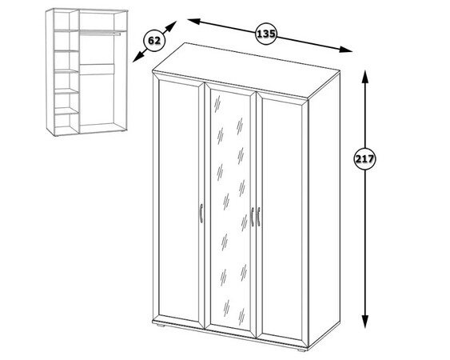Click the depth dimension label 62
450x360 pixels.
tap(154, 41)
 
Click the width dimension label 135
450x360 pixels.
tap(265, 34)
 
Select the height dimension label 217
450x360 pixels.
tap(364, 159)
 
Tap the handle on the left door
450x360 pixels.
tap(201, 213)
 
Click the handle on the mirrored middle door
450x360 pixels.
tap(253, 217)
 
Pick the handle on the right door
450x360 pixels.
tap(259, 216)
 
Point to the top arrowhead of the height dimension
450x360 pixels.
tap(364, 77)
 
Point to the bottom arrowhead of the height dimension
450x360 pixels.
tap(364, 322)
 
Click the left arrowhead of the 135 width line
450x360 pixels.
tap(194, 22)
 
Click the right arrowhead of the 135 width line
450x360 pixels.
tap(345, 50)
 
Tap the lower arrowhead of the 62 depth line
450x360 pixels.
tap(137, 57)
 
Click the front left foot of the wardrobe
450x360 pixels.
tap(161, 326)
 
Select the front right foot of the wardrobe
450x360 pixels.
tap(301, 350)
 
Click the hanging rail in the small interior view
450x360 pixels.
tap(100, 33)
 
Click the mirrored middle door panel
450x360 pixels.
tap(230, 210)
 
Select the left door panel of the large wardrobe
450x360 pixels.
tap(178, 201)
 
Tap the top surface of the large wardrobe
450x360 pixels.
tap(246, 71)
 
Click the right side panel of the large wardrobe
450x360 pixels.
tap(325, 210)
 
